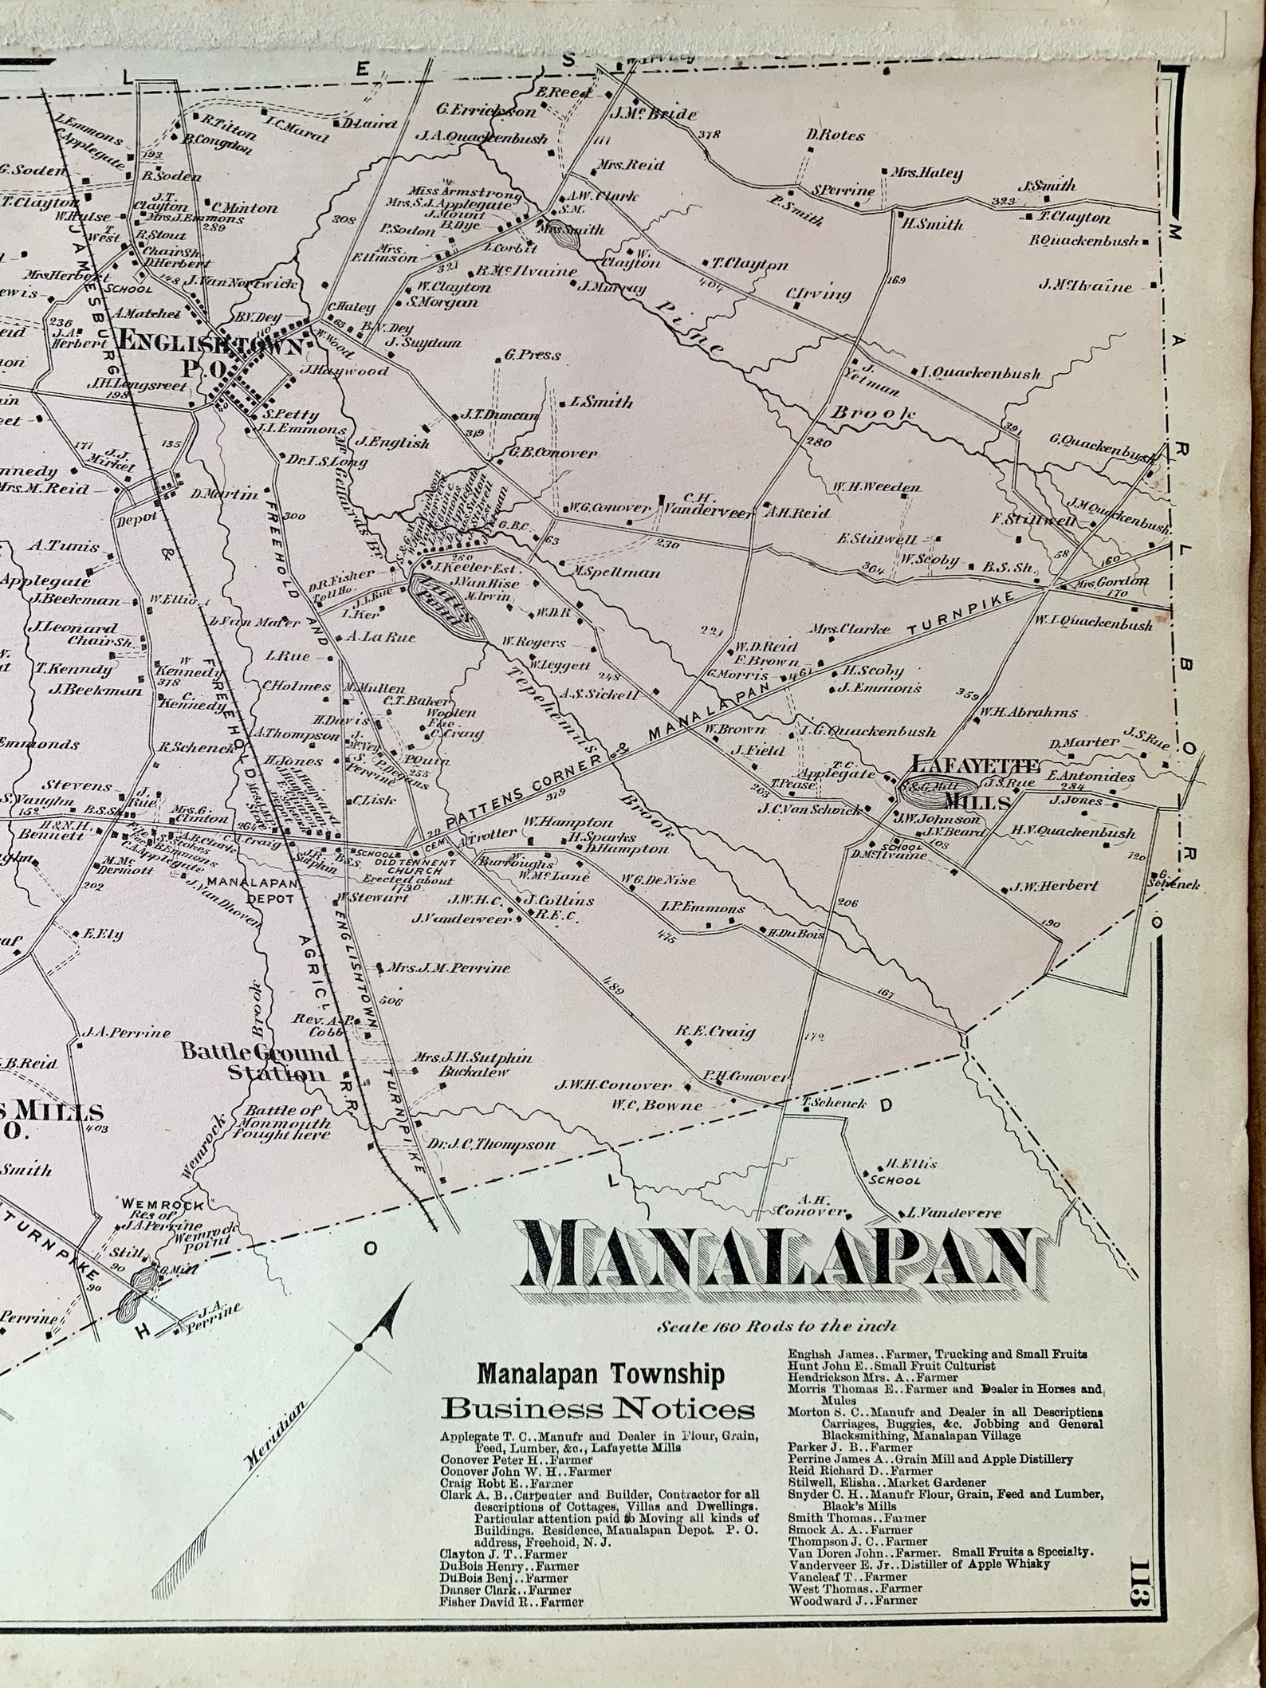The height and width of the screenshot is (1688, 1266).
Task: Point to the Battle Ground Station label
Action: click(x=260, y=1061)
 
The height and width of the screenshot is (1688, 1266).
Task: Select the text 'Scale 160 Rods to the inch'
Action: click(x=777, y=1326)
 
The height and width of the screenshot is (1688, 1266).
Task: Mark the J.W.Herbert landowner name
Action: click(x=1054, y=885)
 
